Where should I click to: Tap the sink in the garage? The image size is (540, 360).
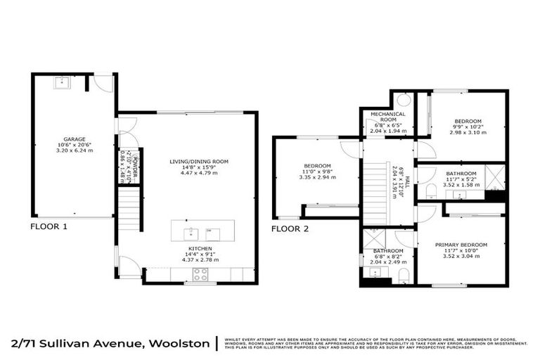(x=60, y=82)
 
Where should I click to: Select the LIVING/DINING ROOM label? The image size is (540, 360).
(x=199, y=161)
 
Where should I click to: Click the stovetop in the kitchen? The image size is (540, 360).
(x=200, y=275)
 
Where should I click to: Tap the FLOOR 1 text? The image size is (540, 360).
(x=49, y=227)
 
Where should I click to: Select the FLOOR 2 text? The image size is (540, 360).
(x=290, y=229)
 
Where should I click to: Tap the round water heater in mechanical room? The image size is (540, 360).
(x=404, y=100)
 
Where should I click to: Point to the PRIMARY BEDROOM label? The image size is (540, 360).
(x=461, y=245)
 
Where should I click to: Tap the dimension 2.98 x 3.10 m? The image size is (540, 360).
(x=467, y=132)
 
